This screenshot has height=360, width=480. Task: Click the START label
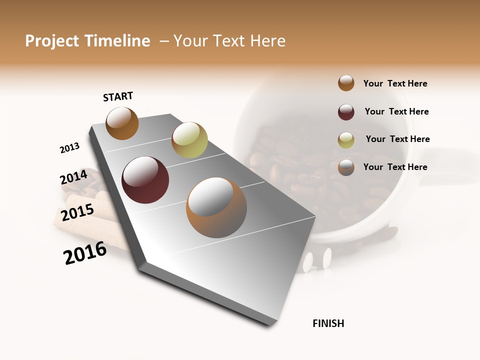[118, 96]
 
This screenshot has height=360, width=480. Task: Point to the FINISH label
[328, 323]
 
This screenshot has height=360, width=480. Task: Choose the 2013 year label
[69, 148]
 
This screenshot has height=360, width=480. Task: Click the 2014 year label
[73, 177]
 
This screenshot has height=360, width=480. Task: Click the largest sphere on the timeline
[216, 207]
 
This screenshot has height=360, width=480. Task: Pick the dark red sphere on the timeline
[145, 180]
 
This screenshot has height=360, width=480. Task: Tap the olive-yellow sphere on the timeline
[189, 140]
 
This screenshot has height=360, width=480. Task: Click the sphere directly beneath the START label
[122, 123]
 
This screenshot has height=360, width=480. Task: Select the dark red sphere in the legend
[346, 112]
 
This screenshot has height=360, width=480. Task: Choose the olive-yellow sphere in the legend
[346, 140]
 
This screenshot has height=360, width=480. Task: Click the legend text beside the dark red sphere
[396, 111]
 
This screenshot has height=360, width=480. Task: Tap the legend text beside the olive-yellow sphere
[397, 139]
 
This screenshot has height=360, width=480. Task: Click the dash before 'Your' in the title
[163, 41]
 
